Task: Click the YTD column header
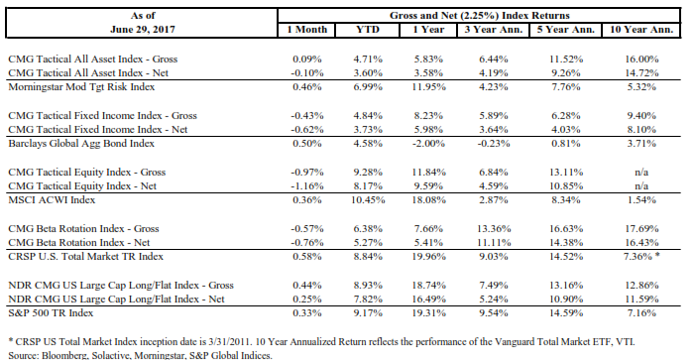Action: tap(368, 30)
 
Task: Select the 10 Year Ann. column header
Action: tap(641, 30)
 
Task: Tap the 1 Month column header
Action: tap(307, 30)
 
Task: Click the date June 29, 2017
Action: tap(143, 30)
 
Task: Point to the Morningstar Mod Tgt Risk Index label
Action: tap(81, 87)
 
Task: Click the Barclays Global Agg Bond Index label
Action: tap(81, 144)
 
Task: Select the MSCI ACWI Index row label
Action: tap(52, 200)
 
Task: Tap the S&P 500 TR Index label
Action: tap(51, 313)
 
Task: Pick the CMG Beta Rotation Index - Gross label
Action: tap(83, 229)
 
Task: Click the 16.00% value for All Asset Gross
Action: tap(641, 59)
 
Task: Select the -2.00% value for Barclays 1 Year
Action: tap(428, 144)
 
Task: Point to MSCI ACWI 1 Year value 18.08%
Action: tap(428, 200)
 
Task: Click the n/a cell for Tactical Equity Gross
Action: tap(641, 172)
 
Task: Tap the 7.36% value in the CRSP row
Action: tap(638, 257)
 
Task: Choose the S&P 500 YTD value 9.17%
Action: tap(368, 313)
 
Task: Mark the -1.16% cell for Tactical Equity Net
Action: tap(307, 186)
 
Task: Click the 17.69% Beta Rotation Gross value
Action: tap(641, 229)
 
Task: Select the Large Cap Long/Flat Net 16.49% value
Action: tap(428, 300)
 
